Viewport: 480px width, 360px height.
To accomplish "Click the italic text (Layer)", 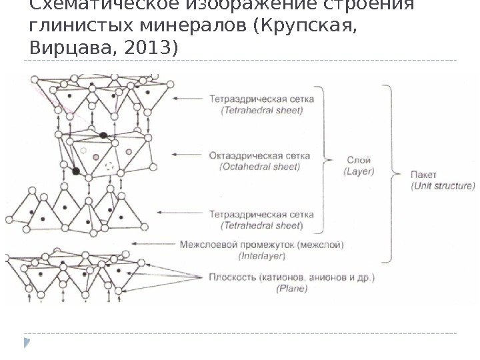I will point(359,171).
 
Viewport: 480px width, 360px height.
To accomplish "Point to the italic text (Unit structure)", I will point(442,185).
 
